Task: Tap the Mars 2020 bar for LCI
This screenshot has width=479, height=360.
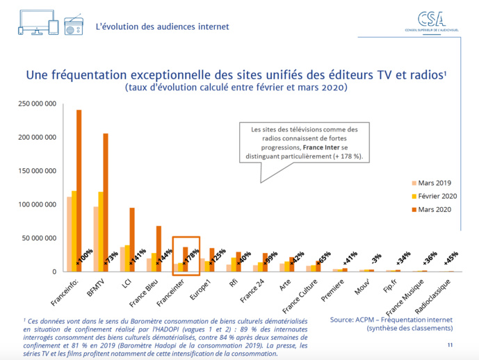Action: (132, 240)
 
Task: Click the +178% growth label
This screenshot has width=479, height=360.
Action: (186, 255)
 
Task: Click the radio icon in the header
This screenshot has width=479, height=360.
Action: (74, 27)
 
